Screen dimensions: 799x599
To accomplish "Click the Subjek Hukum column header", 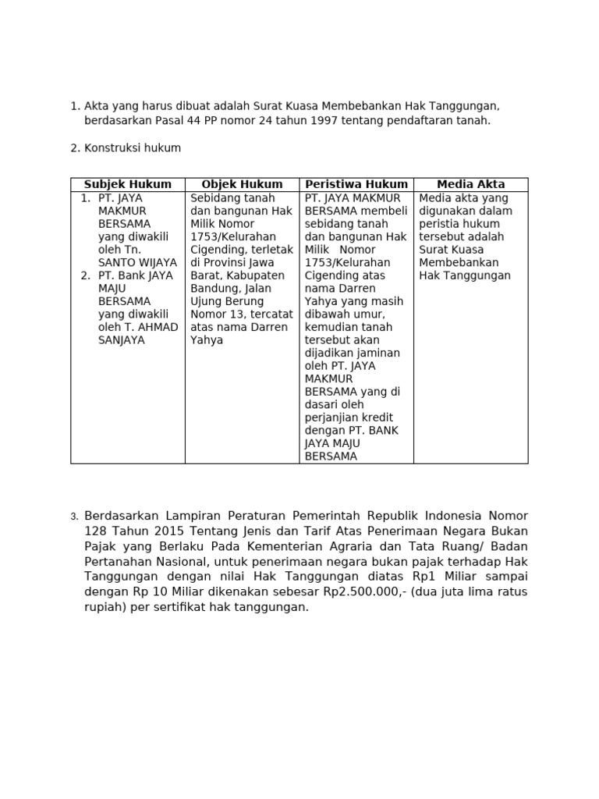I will tap(128, 184).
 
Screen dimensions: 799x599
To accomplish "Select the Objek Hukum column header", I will tap(242, 184).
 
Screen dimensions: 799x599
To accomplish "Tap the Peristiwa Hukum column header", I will tap(356, 184).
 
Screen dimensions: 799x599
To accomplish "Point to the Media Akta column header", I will tap(470, 184).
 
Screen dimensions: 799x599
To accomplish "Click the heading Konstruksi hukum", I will tap(133, 148).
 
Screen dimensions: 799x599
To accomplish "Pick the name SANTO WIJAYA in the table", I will tap(137, 263).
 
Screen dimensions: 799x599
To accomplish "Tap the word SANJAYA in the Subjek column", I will tap(121, 340).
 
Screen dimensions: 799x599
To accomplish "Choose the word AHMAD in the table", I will tap(161, 327).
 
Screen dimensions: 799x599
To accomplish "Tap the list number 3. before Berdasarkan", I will tap(74, 517).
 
